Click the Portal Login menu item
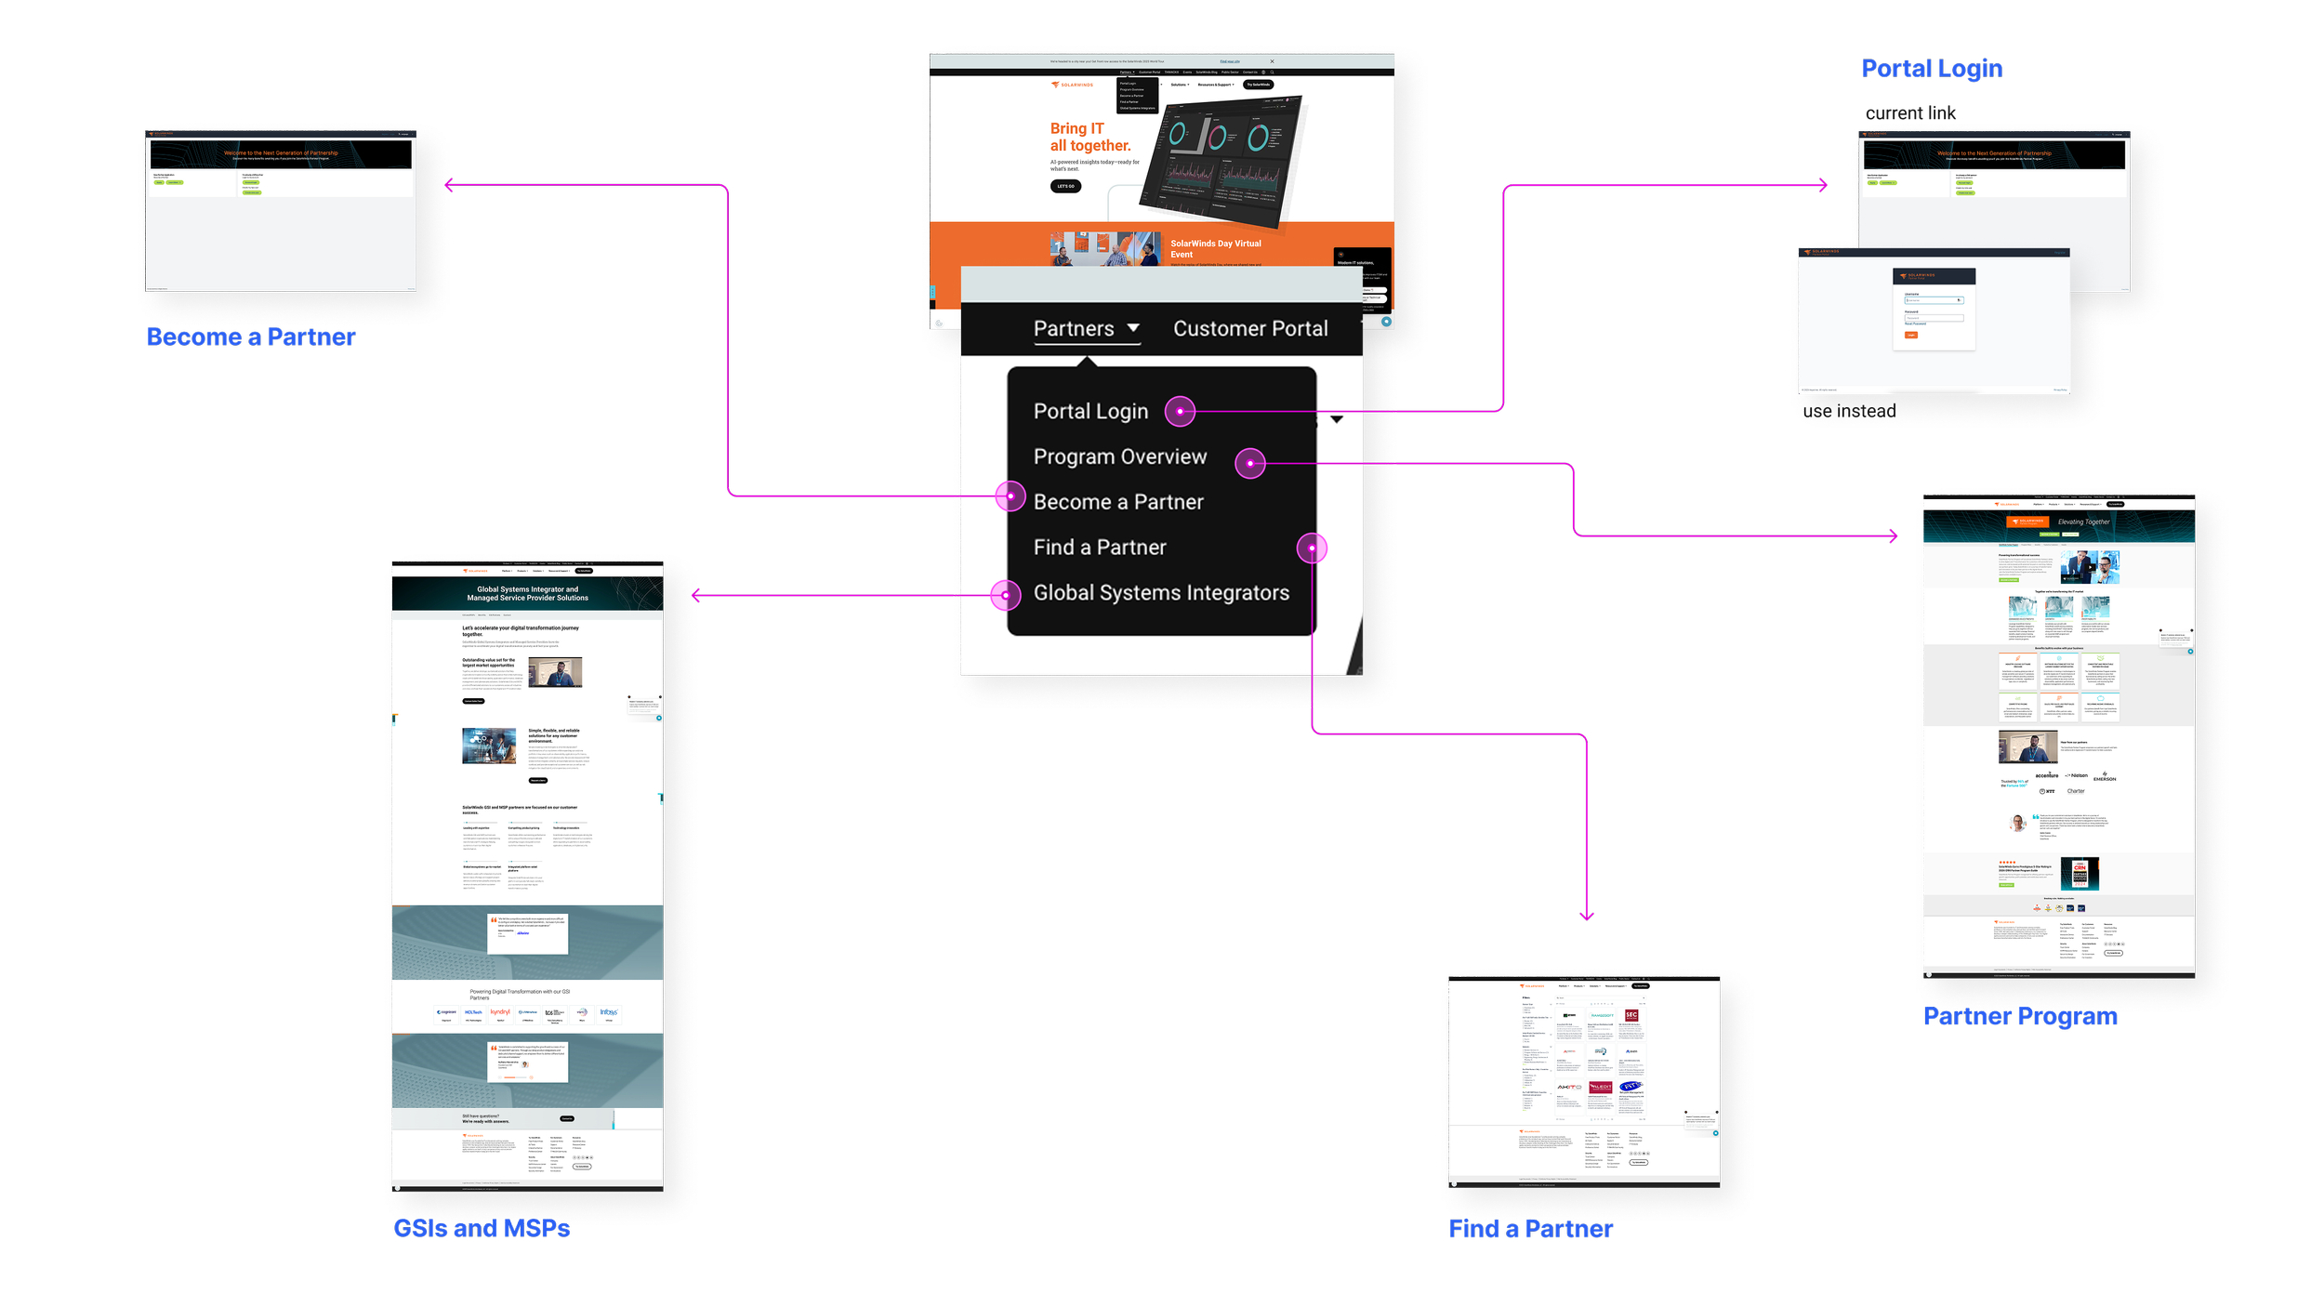(1090, 412)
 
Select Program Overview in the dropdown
(1119, 457)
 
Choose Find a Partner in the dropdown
(1100, 548)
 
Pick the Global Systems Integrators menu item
(1161, 593)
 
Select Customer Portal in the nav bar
(1250, 329)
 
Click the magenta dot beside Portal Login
(1181, 411)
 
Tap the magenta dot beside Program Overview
(1250, 463)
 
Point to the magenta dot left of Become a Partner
(1010, 495)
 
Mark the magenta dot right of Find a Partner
(1312, 548)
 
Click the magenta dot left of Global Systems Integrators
(1005, 595)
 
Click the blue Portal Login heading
(1931, 70)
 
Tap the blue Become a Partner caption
(251, 337)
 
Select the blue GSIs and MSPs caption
(482, 1229)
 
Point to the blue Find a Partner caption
(1531, 1229)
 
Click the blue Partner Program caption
(2020, 1016)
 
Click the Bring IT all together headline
(1089, 138)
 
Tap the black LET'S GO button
(1065, 187)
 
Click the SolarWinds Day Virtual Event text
(1215, 249)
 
